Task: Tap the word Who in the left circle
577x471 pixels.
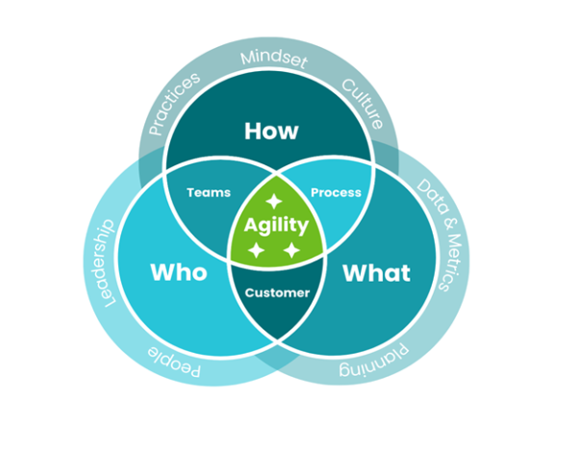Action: [x=178, y=272]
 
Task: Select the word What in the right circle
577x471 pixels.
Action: [x=376, y=272]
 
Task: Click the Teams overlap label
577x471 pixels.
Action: [x=208, y=192]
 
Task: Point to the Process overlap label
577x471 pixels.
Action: [x=336, y=192]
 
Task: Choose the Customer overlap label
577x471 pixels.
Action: [x=279, y=292]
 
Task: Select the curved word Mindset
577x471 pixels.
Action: [x=273, y=60]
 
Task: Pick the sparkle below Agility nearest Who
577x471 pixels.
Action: [x=256, y=250]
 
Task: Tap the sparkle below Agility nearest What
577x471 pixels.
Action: [x=291, y=251]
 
